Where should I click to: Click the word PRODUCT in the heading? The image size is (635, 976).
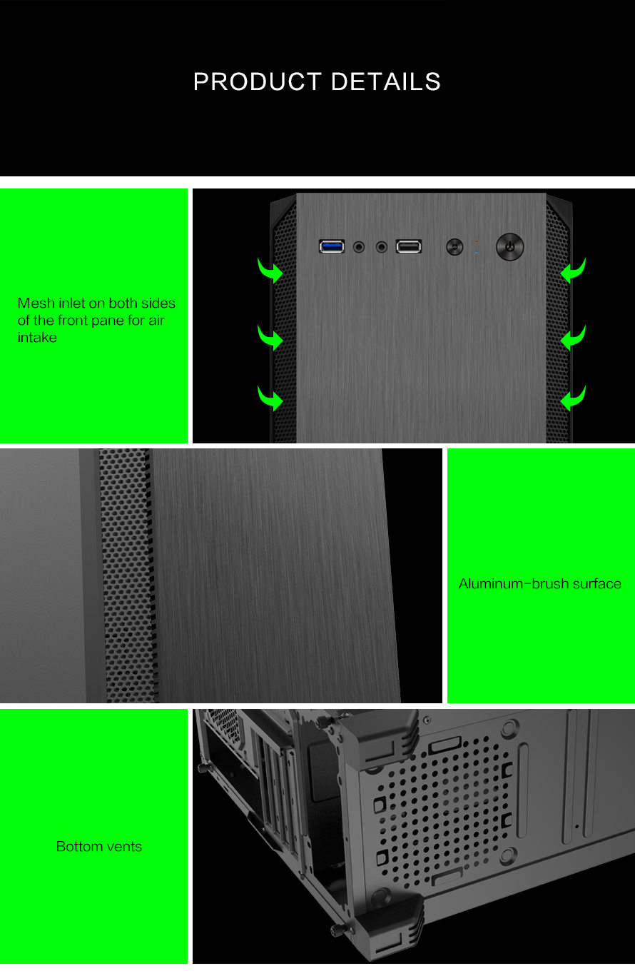(258, 81)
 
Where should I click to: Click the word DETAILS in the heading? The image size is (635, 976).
(386, 81)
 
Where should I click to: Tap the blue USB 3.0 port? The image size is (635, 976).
(332, 246)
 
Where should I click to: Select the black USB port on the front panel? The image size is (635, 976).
(409, 246)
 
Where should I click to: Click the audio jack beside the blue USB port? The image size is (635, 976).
(359, 248)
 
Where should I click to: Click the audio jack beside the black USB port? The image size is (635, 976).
(382, 248)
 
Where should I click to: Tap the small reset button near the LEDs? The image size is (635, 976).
(454, 247)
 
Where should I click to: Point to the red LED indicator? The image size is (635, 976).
(477, 242)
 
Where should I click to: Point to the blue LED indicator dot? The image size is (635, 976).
(477, 252)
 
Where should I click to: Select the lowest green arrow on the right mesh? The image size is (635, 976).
(573, 398)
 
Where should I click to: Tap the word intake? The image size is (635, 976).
(37, 338)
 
